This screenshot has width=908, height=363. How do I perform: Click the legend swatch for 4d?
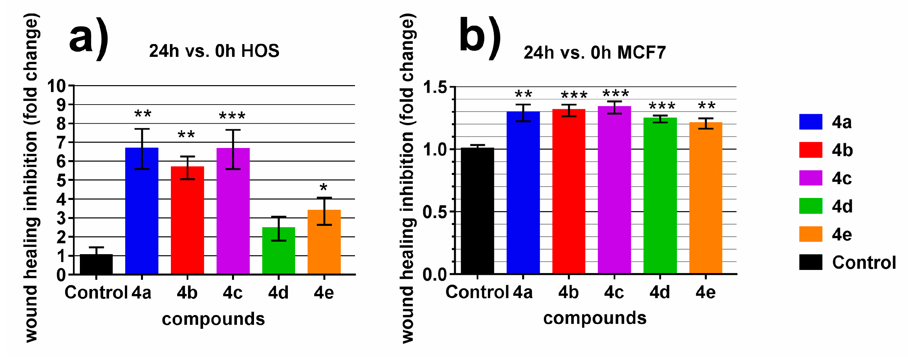810,206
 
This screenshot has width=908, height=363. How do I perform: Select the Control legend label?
864,262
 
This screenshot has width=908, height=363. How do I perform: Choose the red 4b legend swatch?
810,150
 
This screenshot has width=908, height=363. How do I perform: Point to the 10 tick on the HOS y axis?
57,86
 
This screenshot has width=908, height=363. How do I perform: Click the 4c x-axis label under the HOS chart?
233,292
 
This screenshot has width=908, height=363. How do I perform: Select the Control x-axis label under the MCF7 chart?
477,292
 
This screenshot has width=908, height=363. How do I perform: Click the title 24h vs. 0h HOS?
214,51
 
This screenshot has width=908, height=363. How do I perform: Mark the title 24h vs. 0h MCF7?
594,53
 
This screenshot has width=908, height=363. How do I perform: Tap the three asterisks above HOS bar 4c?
232,116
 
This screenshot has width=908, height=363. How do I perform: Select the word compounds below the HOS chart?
213,319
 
